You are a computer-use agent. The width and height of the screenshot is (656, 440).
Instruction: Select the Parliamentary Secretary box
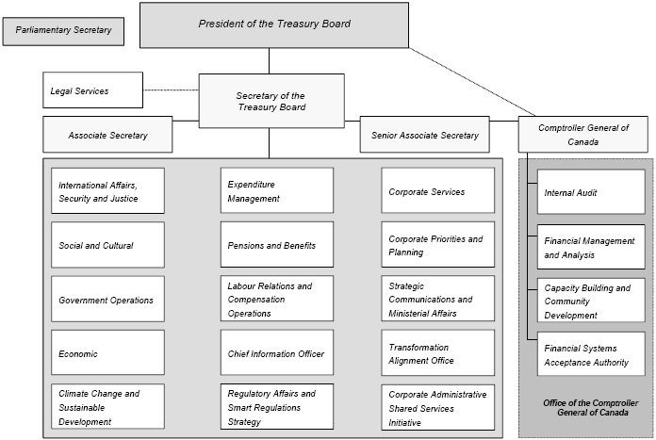click(64, 30)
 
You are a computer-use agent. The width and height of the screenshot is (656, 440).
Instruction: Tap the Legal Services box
click(92, 90)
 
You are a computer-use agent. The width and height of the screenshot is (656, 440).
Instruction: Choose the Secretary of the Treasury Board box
click(270, 101)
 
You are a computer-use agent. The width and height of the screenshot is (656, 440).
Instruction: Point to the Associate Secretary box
click(107, 136)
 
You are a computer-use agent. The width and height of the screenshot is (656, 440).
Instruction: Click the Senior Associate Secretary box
click(424, 136)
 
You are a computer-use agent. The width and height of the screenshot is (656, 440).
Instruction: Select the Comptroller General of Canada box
click(583, 134)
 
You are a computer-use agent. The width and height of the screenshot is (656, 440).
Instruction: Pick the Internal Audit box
click(591, 192)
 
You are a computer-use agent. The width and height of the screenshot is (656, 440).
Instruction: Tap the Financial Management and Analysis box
click(591, 247)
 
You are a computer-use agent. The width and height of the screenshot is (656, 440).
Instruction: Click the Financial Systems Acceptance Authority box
click(591, 353)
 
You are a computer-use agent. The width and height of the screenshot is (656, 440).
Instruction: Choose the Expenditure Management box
click(276, 191)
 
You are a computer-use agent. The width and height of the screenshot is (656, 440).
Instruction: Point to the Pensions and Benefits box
click(276, 245)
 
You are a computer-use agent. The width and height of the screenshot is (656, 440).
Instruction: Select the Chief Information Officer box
click(276, 353)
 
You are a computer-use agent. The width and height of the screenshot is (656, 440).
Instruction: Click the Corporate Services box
click(437, 191)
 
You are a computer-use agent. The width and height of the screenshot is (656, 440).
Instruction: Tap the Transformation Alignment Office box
click(437, 353)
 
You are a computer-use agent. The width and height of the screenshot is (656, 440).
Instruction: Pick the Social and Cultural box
click(107, 245)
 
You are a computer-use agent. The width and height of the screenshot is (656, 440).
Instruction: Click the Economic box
click(107, 353)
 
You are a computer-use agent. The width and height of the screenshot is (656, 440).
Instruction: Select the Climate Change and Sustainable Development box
click(107, 407)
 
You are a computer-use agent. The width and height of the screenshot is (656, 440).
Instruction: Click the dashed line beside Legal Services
click(171, 90)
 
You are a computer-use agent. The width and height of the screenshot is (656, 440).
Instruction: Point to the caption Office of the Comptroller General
click(585, 408)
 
